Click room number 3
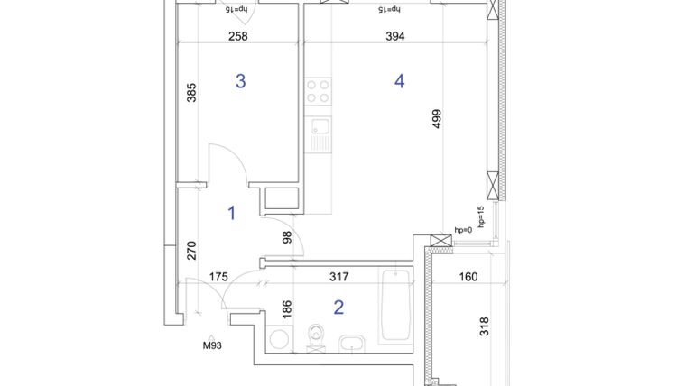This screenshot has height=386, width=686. pos(240,81)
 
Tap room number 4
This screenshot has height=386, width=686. pos(399,81)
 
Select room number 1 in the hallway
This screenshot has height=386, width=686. pos(232,213)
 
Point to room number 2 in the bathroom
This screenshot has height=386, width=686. pos(338,308)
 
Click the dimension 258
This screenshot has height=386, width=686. pos(236,37)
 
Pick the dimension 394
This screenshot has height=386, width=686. pos(394,37)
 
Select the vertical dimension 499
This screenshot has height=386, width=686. pos(437,120)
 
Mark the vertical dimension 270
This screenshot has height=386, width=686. pos(191,249)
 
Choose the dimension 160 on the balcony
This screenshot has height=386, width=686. pos(468,278)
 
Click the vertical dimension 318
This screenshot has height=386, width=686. pos(485,326)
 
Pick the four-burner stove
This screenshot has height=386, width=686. pos(318,90)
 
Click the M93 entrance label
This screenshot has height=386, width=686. pos(213,344)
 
